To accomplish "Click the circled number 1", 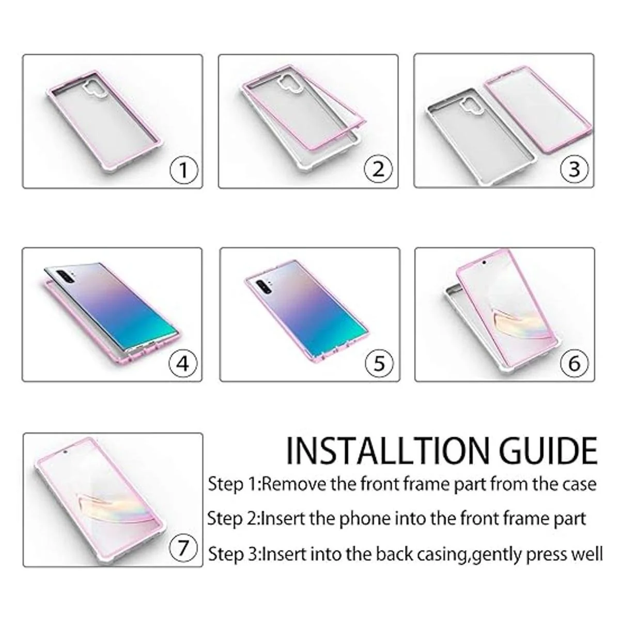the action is (184, 169).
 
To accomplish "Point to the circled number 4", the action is (183, 364).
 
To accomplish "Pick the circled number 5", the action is (379, 363).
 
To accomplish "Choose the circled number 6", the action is (575, 363).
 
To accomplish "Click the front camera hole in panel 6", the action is (484, 262).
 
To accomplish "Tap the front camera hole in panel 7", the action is (66, 452).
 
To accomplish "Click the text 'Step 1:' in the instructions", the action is (235, 484).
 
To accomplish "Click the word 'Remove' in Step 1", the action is (295, 484).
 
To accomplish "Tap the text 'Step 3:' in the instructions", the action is (235, 554).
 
